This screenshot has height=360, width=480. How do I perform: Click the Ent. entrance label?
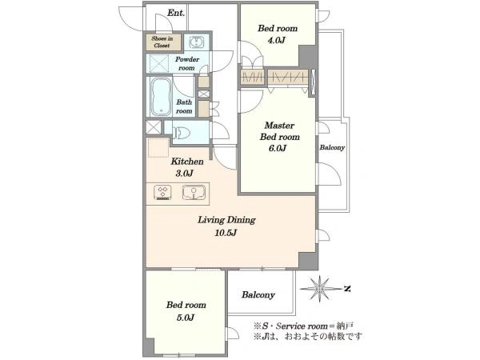click(176, 13)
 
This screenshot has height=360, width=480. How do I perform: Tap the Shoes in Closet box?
click(163, 42)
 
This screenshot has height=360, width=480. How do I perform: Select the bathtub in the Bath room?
click(161, 97)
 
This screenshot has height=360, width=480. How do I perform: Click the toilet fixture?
click(182, 133)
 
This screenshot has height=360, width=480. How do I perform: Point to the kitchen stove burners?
click(162, 193)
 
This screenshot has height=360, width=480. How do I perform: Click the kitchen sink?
click(194, 193)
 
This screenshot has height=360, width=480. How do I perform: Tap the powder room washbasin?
click(196, 42)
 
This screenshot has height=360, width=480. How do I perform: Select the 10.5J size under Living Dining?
click(226, 233)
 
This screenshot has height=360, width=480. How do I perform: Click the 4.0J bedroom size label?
click(277, 40)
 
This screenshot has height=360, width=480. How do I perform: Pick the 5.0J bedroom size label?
click(186, 318)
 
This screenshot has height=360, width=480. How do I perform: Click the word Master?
click(279, 126)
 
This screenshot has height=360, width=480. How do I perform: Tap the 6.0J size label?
click(278, 148)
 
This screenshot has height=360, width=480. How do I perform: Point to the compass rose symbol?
click(319, 288)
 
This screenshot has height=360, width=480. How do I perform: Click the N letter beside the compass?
click(347, 288)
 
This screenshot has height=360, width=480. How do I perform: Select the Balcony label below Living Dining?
click(258, 294)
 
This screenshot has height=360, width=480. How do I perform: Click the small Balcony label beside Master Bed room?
click(332, 147)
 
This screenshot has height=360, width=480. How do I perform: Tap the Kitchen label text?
click(187, 162)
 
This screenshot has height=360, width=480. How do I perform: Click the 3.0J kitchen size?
click(184, 174)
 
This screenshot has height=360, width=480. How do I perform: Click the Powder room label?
click(187, 63)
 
